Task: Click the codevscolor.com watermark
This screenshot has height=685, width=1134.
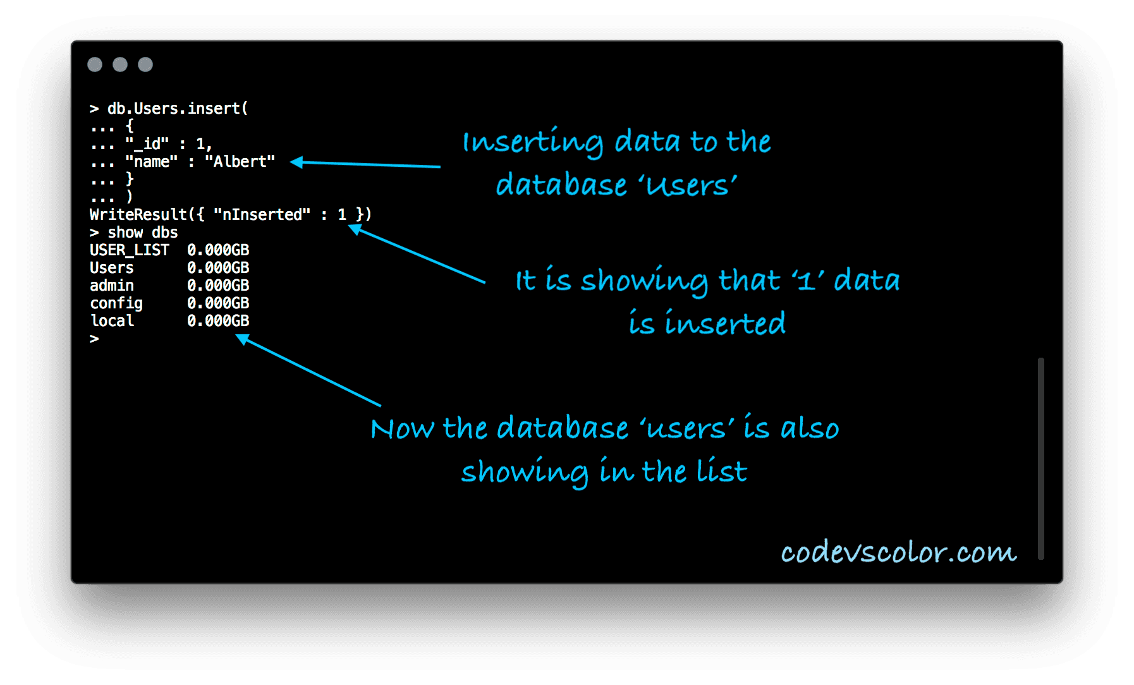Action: tap(898, 552)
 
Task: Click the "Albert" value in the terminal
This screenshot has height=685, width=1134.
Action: tap(240, 162)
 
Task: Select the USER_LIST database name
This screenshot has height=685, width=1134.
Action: tap(130, 250)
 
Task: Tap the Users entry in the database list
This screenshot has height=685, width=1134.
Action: tap(112, 268)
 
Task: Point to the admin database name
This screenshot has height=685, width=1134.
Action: tap(112, 286)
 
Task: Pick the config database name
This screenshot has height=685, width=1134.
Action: tap(116, 304)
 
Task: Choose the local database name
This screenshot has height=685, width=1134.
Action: tap(112, 321)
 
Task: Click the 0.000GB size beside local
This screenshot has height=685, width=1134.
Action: tap(218, 321)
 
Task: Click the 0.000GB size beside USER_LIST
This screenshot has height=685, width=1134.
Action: tap(218, 250)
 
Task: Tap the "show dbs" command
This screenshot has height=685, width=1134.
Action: tap(143, 233)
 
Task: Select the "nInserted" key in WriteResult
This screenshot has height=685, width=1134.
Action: tap(262, 215)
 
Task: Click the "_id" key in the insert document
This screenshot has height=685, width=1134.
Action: tap(147, 145)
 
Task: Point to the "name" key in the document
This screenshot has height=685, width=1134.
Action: tap(151, 162)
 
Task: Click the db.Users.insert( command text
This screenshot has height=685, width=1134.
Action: tap(178, 109)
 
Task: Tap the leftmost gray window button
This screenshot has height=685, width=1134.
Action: tap(95, 64)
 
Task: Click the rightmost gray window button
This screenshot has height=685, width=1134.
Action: tap(145, 64)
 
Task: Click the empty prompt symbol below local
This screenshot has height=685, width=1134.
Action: tap(94, 339)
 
